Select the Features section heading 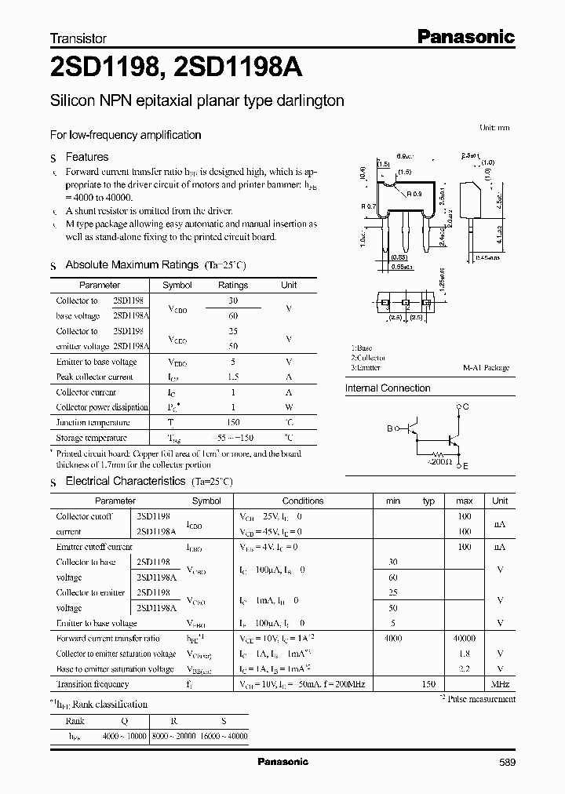(87, 157)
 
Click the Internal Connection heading (388, 388)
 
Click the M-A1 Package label (486, 367)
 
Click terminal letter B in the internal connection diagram (388, 429)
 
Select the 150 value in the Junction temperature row (232, 422)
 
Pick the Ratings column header (232, 286)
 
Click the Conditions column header (303, 501)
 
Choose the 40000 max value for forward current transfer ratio (464, 639)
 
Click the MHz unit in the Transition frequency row (500, 684)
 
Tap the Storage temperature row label (91, 438)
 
